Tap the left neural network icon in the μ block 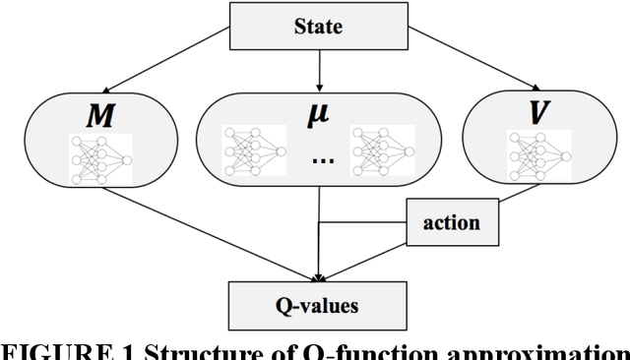(255, 152)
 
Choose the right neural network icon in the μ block (382, 152)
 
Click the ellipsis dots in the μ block (319, 160)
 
